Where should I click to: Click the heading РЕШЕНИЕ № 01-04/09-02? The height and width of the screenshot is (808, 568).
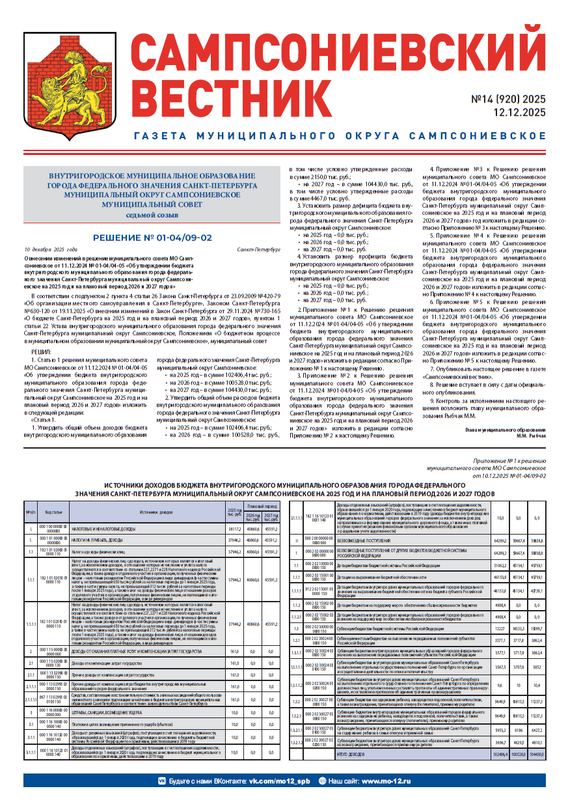coord(152,238)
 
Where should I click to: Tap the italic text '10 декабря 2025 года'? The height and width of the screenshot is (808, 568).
coord(51,249)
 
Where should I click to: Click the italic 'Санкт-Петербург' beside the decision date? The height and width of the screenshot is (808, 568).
coord(259,249)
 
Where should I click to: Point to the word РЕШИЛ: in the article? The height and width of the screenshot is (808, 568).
coord(41,352)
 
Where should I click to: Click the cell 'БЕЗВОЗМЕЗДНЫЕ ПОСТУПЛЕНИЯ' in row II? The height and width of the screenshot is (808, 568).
coord(367,558)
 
